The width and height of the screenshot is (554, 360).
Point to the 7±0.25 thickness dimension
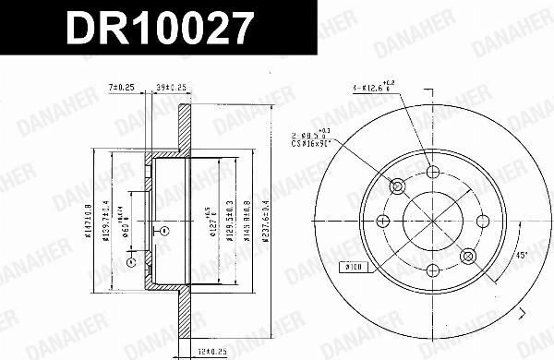122,87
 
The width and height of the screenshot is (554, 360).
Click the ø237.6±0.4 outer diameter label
268,222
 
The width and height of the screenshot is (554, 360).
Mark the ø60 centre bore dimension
128,222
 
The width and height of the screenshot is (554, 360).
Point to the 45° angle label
522,256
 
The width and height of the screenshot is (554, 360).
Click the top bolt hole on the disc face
434,173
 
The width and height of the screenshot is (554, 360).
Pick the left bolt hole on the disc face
386,220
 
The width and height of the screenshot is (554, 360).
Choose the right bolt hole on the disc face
481,220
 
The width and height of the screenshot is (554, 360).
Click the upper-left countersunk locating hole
400,186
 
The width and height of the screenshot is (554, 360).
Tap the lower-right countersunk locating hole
467,254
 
